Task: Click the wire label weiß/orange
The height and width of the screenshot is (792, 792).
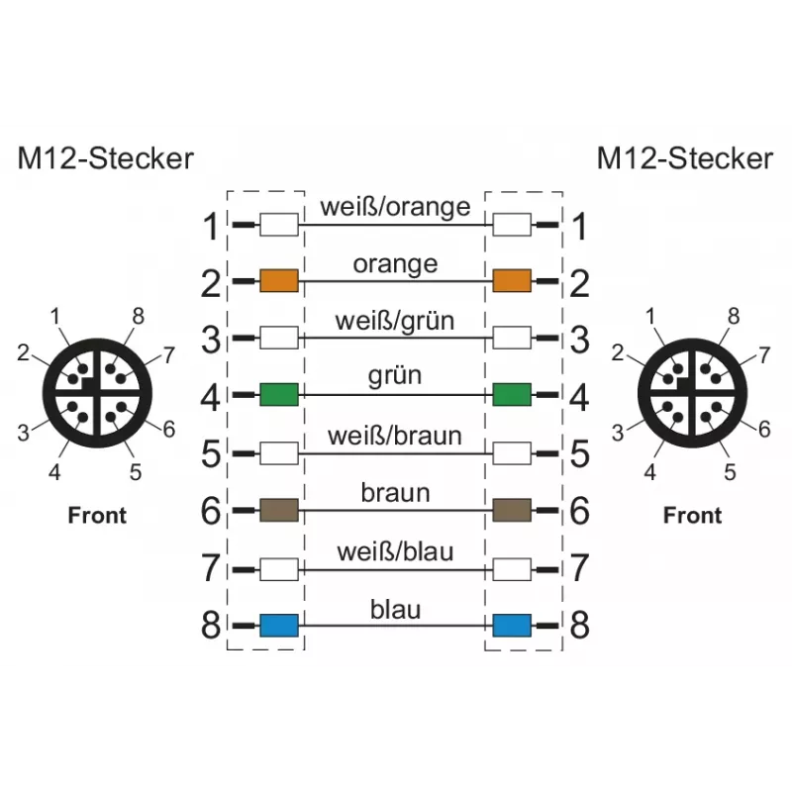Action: coord(395,207)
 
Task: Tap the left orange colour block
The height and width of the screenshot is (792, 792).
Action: coord(279,280)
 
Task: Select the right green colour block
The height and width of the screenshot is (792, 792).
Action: coord(512,394)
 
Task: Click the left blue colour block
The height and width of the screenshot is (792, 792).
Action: coord(279,626)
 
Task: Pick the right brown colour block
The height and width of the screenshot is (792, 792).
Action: coord(512,510)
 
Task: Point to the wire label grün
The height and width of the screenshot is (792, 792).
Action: coord(394,376)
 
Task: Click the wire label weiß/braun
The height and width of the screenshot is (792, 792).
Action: coord(394,436)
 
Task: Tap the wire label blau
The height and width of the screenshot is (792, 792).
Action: coord(395,609)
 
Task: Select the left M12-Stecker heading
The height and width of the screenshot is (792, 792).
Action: coord(106,158)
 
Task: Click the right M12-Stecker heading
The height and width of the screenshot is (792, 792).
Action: coord(685,158)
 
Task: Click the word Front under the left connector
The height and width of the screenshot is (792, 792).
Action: coord(97,515)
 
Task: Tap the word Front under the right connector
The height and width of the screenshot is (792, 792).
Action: coord(692,515)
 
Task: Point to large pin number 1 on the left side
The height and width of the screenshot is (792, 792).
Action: coord(211,226)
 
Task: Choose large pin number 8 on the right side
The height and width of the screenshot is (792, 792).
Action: coord(579,626)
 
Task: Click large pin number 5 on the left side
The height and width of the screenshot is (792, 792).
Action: coord(211,453)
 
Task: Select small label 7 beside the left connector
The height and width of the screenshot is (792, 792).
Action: coord(168,355)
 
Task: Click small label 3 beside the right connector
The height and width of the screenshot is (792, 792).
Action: coord(618,433)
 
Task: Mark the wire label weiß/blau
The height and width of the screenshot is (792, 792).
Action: coord(395,551)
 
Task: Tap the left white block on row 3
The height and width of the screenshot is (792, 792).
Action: coord(279,338)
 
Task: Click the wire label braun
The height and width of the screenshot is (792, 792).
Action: coord(395,493)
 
